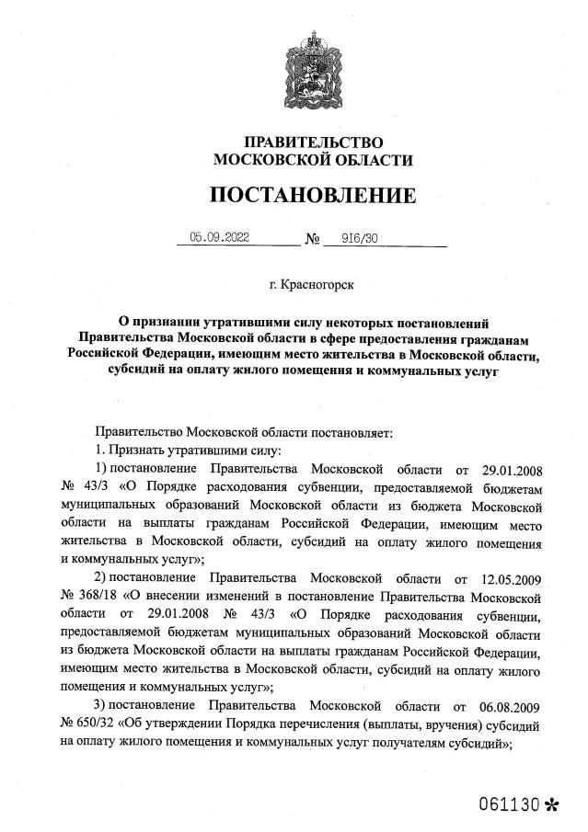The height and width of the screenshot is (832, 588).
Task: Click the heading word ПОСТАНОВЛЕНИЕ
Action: click(x=313, y=195)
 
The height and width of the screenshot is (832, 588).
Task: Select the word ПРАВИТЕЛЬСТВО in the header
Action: click(x=313, y=142)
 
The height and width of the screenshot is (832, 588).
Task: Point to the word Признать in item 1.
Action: click(x=135, y=450)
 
